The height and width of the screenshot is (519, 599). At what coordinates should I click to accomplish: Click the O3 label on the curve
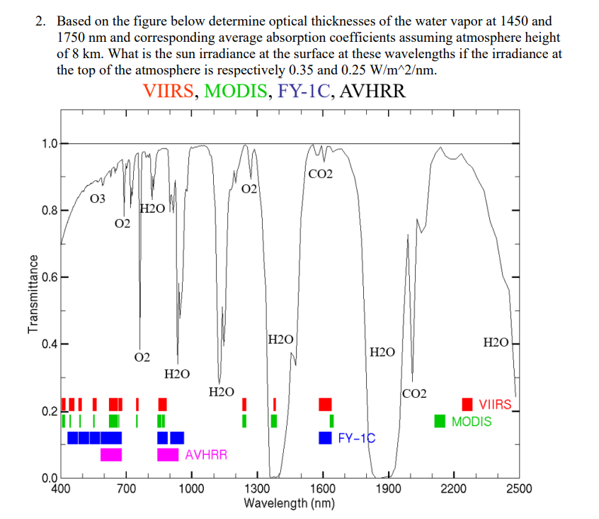point(98,199)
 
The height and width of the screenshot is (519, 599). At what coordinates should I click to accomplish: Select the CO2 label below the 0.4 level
point(414,394)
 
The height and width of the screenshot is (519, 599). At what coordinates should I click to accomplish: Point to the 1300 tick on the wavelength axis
point(256,488)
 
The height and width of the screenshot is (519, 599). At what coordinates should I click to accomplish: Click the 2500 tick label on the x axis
point(519,488)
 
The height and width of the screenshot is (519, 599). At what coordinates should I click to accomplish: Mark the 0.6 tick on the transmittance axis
point(49,278)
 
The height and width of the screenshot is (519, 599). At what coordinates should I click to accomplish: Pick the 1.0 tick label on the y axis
point(49,144)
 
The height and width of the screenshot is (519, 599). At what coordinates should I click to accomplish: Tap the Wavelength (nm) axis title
point(289,503)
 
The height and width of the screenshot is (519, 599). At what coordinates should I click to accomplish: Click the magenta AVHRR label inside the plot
point(206,454)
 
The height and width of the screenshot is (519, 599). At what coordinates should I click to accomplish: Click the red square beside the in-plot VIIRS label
point(467,405)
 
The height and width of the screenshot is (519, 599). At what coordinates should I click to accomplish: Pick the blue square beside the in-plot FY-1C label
point(326,437)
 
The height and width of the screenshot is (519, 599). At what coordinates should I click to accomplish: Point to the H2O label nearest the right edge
point(495,343)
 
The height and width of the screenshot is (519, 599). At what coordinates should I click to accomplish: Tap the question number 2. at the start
point(41,21)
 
